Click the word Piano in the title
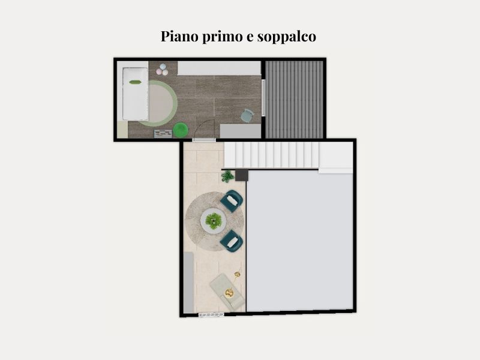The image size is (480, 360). (x=179, y=36)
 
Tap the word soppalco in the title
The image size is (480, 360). (x=287, y=37)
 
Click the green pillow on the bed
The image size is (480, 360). (x=135, y=82)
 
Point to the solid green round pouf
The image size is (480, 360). (x=181, y=130)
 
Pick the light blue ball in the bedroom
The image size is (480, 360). (x=163, y=67)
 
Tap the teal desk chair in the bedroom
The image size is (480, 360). (x=247, y=116)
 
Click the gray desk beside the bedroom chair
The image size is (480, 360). (x=241, y=131)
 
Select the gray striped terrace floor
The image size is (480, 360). (x=294, y=100)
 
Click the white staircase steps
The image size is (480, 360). (x=272, y=155)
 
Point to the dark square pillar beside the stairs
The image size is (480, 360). (x=242, y=175)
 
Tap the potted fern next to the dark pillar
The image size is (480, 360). (x=227, y=176)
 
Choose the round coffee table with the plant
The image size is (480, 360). (x=214, y=221)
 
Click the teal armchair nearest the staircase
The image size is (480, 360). (x=232, y=201)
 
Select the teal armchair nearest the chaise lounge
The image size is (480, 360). (x=232, y=241)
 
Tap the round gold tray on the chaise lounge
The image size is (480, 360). (x=229, y=293)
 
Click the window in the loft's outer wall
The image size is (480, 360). (x=211, y=314)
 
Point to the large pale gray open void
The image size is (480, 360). (x=299, y=241)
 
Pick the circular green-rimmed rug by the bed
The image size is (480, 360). (x=158, y=103)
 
